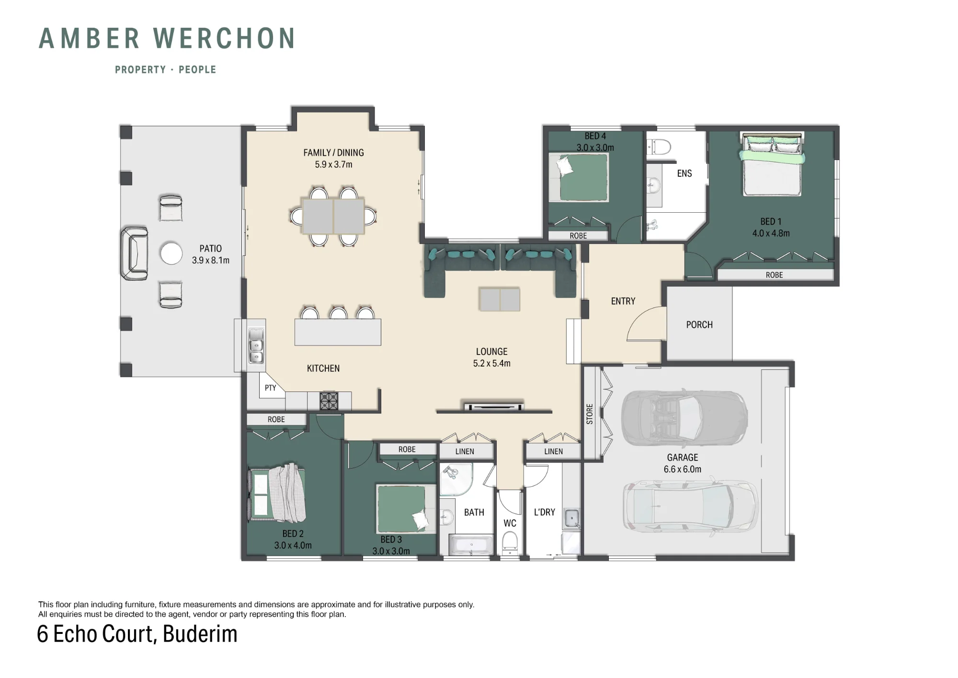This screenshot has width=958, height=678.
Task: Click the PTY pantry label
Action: point(270,388)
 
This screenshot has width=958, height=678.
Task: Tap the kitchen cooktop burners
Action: point(329,401)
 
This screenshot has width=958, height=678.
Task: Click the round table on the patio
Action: point(171,253)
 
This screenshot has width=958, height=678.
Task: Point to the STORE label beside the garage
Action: point(590,414)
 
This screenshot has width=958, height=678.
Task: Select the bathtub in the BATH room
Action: point(471,546)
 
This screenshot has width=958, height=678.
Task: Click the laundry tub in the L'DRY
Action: point(571,517)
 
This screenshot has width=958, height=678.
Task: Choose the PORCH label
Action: point(699,325)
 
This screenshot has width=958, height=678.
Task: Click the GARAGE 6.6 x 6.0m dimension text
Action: point(683,470)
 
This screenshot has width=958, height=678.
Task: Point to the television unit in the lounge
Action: point(493,407)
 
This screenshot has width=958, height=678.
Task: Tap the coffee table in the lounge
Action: point(500,299)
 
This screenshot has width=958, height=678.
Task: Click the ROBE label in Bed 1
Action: point(774,275)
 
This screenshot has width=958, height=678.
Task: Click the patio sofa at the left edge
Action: point(134,253)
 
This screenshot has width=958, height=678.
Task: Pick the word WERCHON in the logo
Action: point(224,38)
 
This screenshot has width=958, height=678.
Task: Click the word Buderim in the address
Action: point(200,634)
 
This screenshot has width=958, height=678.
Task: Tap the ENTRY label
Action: point(623,301)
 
